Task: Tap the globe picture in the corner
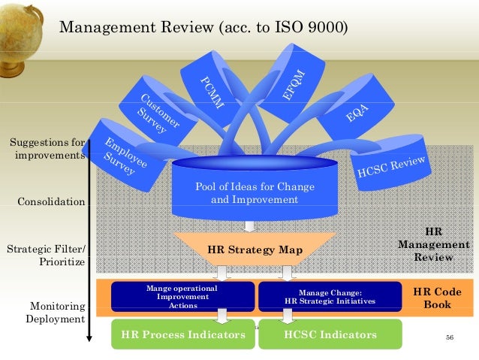(23, 23)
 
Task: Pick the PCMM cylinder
(211, 89)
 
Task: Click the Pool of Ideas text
(255, 193)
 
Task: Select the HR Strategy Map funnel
(255, 250)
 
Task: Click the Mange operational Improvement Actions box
(182, 297)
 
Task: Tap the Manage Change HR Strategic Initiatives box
(330, 297)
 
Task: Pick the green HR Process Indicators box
(182, 334)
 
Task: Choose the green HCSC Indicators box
(330, 334)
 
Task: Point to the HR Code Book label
(437, 298)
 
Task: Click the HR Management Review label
(434, 245)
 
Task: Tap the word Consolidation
(51, 202)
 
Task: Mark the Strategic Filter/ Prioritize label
(47, 256)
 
